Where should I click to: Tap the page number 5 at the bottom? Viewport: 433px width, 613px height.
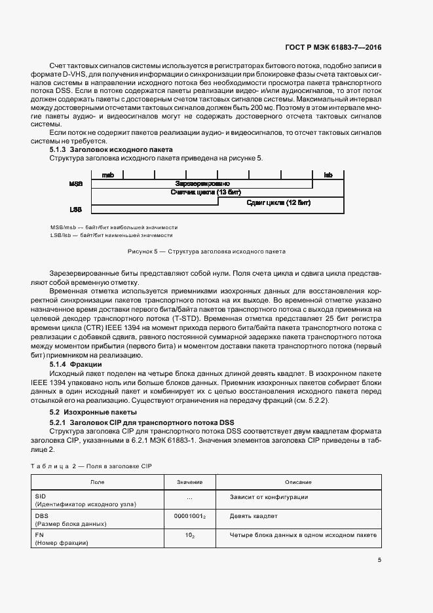pos(380,559)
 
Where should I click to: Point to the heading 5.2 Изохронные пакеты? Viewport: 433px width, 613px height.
pos(93,412)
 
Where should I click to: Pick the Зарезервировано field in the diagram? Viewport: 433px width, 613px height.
pos(202,184)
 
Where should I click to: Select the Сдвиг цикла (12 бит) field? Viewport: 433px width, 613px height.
pos(278,203)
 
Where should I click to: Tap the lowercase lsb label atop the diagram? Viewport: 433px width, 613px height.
pos(328,175)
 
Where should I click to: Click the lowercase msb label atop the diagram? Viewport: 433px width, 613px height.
pos(107,175)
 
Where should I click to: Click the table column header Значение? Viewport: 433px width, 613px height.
pos(189,482)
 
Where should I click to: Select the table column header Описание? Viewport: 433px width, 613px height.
pos(303,482)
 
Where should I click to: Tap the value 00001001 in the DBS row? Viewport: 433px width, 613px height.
pos(188,516)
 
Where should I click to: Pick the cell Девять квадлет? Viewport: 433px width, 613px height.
pos(254,516)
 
